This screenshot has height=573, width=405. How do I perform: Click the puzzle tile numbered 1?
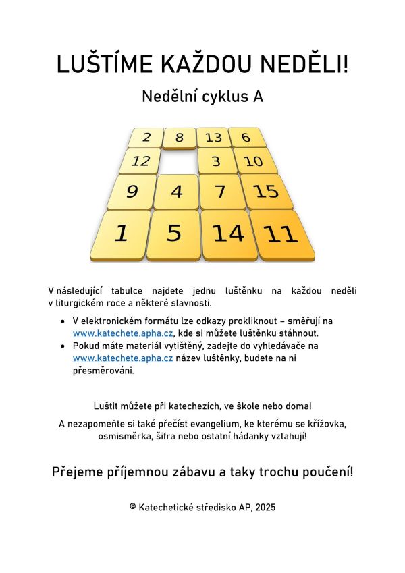122,234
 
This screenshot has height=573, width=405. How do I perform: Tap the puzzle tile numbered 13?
213,138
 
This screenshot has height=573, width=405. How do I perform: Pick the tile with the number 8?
180,138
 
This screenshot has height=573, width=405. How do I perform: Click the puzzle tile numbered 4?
176,192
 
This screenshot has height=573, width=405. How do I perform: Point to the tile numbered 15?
267,192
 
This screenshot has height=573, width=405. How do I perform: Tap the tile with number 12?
141,161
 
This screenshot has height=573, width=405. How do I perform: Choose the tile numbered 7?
221,192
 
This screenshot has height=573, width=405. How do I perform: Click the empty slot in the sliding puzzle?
178,161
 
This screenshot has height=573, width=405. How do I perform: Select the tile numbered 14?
228,234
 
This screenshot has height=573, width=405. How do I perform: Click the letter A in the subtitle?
257,97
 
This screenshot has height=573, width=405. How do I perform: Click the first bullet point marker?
63,321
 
